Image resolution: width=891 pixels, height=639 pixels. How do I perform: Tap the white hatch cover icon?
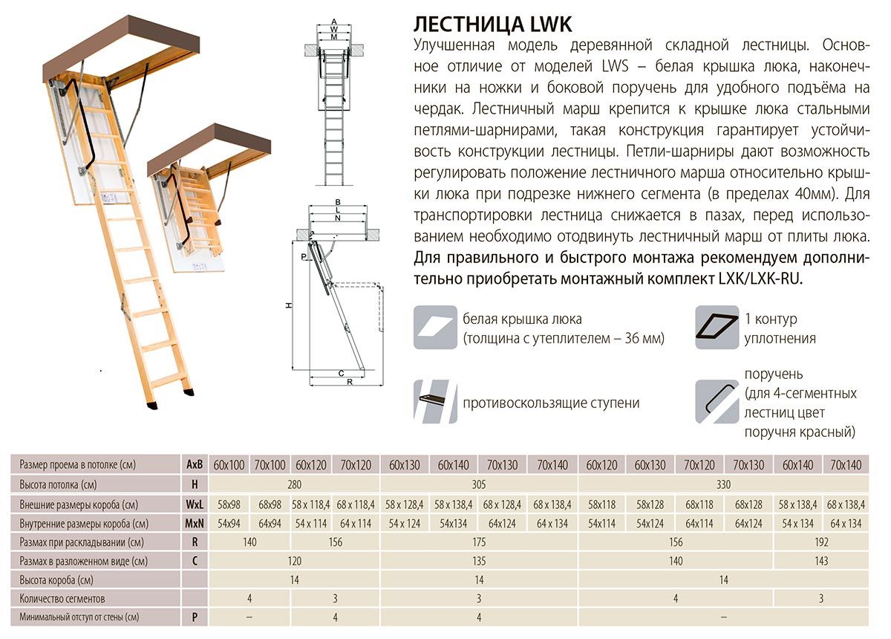click(x=435, y=328)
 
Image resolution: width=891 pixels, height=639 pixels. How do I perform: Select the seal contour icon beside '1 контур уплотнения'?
click(x=717, y=328)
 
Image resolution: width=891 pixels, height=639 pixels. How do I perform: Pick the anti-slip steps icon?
click(x=435, y=401)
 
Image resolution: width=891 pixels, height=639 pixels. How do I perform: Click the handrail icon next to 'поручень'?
click(x=717, y=401)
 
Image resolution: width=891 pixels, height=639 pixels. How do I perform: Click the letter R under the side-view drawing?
click(x=347, y=383)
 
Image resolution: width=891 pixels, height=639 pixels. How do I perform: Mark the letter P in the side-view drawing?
click(x=304, y=256)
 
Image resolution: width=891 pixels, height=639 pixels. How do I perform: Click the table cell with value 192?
click(x=820, y=542)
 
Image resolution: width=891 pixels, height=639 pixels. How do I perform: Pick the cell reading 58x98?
click(x=229, y=504)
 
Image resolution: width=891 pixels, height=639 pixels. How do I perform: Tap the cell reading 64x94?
click(x=270, y=523)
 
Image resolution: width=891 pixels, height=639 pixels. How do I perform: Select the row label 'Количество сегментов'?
click(x=62, y=599)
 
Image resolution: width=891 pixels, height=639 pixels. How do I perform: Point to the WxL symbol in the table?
click(x=194, y=504)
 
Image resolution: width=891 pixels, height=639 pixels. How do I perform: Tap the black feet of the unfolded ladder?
click(x=171, y=397)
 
